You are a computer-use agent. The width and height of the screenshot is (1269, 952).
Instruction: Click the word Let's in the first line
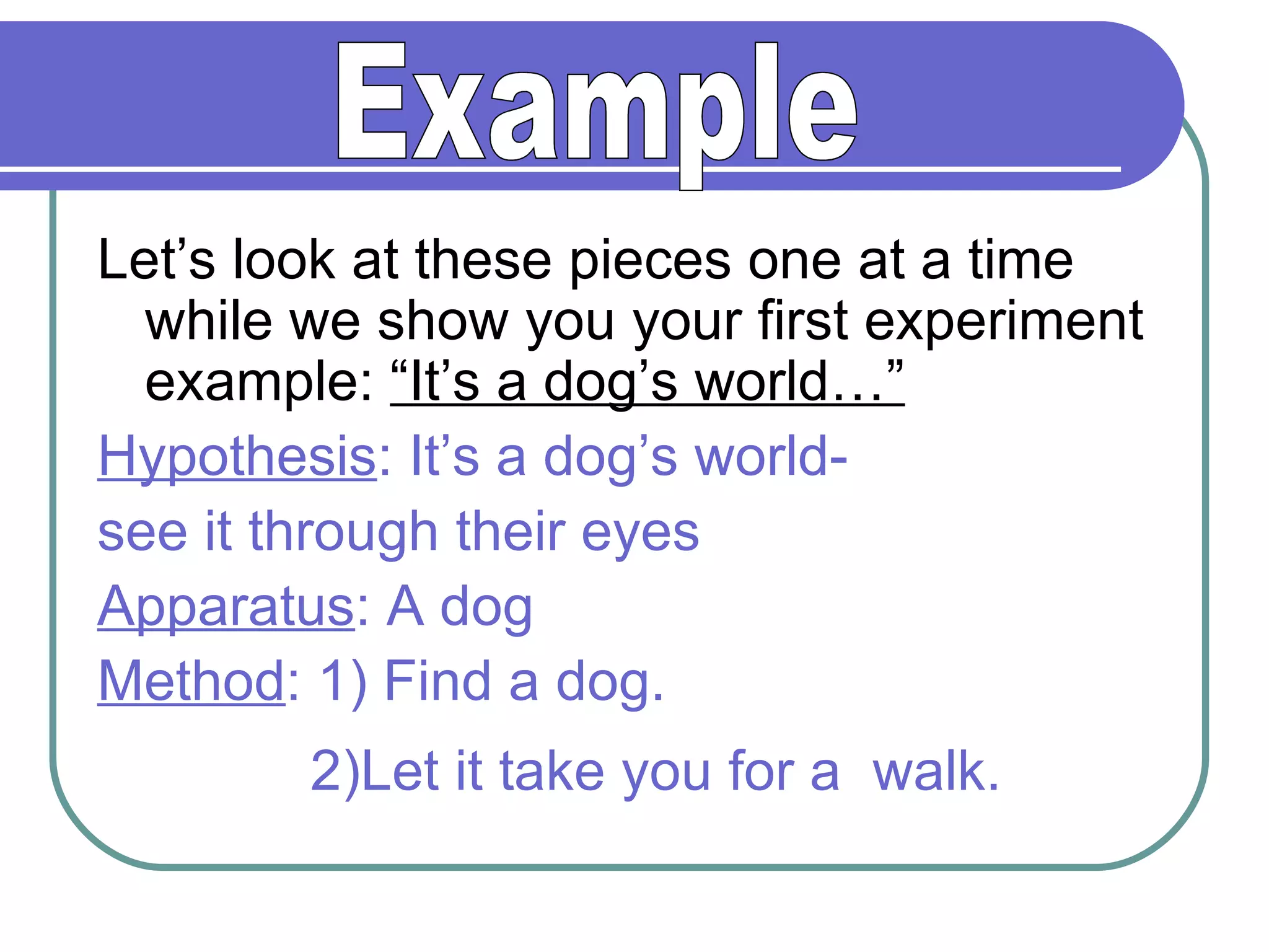point(156,260)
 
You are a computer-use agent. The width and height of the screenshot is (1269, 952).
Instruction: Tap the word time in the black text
point(1021,260)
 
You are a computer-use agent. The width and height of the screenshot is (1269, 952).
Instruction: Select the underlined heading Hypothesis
point(237,457)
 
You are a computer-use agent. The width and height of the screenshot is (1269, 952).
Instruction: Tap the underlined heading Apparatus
point(226,607)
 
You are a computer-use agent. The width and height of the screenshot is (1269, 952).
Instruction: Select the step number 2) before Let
point(335,772)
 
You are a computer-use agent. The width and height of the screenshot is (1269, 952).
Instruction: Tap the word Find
point(437,681)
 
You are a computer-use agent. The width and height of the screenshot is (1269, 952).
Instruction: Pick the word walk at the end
point(936,772)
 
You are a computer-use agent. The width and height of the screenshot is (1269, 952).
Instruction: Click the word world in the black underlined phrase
point(762,382)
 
